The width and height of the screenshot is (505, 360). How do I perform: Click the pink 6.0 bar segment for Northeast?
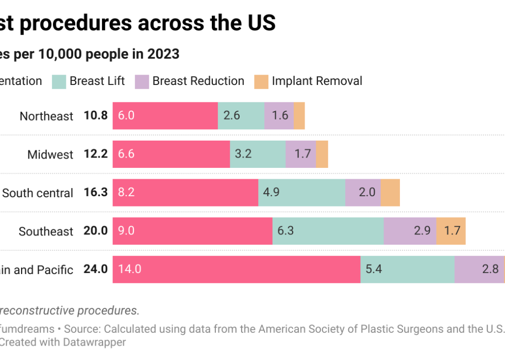(x=165, y=115)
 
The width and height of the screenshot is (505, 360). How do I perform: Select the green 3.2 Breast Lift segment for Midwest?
(x=257, y=154)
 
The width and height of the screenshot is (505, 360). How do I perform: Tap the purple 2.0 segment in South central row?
(x=363, y=193)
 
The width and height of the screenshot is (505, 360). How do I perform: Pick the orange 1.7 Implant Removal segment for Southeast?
(x=451, y=231)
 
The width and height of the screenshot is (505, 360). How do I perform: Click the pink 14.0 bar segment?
(x=236, y=269)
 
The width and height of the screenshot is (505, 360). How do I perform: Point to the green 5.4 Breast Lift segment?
(x=407, y=269)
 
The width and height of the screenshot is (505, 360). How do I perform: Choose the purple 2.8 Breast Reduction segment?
(x=479, y=269)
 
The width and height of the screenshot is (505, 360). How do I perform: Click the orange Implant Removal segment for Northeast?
(x=299, y=115)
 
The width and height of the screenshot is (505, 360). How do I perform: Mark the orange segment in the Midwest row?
(x=322, y=154)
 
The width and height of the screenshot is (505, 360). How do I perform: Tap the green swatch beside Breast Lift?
(x=59, y=81)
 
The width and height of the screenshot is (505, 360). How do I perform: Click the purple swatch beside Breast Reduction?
(x=142, y=81)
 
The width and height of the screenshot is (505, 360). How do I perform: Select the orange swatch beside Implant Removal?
(x=261, y=81)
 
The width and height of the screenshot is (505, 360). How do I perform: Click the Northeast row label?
(x=46, y=116)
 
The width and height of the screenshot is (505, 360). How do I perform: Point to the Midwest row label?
(x=50, y=155)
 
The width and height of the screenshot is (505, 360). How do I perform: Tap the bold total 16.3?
(x=95, y=193)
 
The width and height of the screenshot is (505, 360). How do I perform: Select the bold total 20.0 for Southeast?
(x=95, y=231)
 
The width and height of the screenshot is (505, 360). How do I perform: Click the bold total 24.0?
(x=95, y=269)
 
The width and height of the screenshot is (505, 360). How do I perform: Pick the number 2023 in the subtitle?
(x=162, y=54)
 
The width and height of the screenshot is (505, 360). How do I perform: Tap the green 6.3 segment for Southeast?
(x=328, y=231)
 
